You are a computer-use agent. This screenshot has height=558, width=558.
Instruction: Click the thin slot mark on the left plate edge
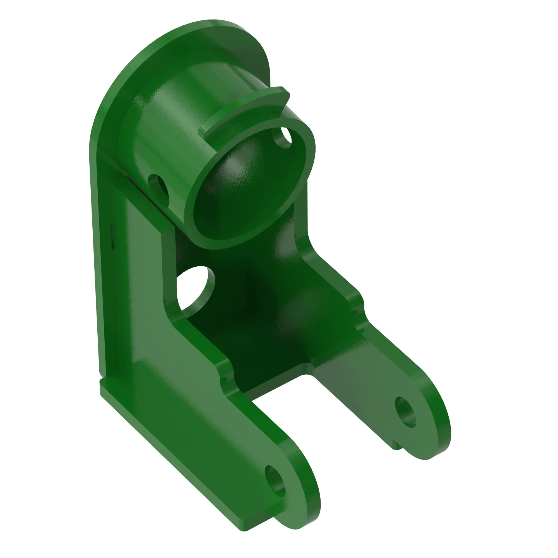(x=112, y=235)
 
